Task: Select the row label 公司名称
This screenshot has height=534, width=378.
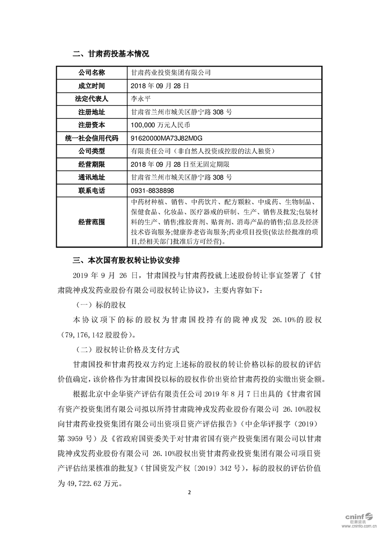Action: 92,73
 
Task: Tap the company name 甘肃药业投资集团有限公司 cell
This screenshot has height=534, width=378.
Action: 171,73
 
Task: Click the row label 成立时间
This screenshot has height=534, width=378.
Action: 92,86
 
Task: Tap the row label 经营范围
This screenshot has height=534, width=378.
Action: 92,222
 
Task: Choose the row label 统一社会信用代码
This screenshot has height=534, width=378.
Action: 92,138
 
